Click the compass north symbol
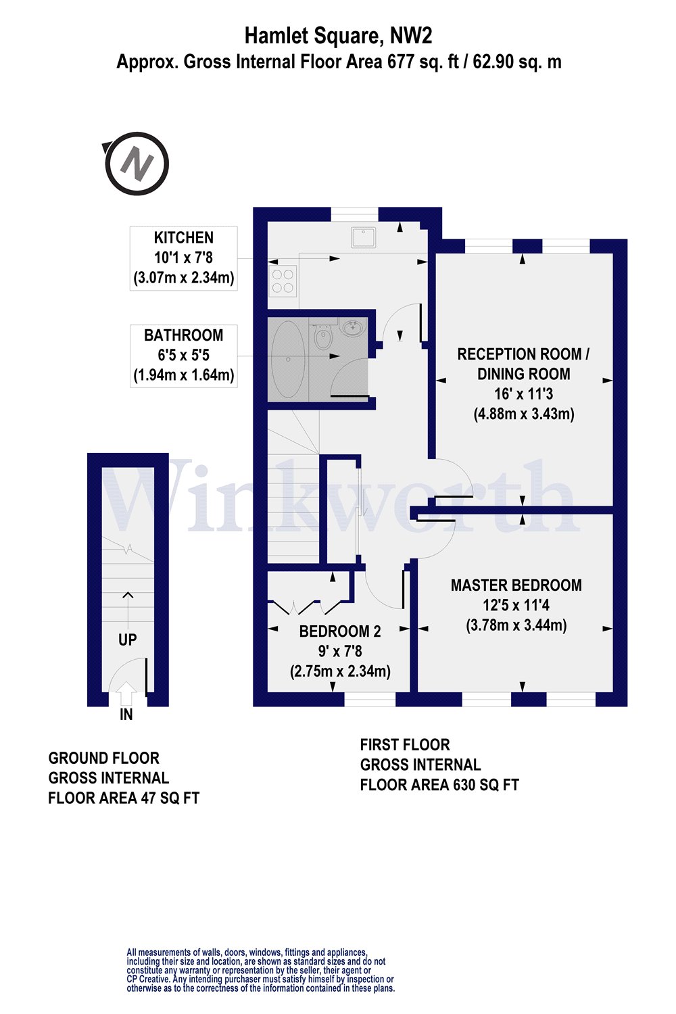pos(137,164)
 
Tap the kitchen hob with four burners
pos(283,281)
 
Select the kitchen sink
pos(363,237)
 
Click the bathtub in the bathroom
pos(287,358)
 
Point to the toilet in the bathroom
pos(322,337)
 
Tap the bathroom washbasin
pos(352,329)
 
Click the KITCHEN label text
pos(183,238)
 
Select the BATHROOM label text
pos(183,335)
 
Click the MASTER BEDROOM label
pos(516,585)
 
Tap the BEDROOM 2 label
pos(340,631)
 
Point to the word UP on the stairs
pos(127,639)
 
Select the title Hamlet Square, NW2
pos(338,35)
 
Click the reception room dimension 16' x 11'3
pos(523,393)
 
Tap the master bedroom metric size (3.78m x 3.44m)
pos(516,625)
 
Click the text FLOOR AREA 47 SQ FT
pos(124,798)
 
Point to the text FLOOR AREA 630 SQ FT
pos(439,785)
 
